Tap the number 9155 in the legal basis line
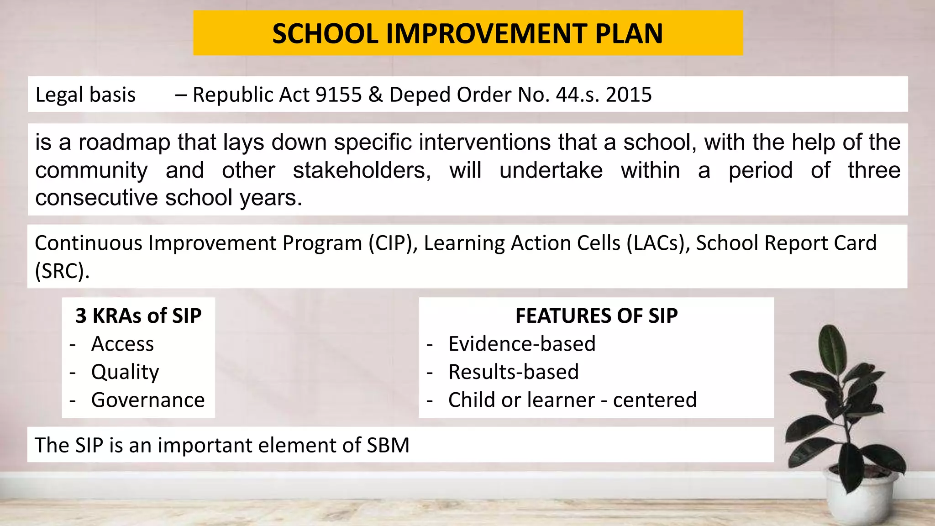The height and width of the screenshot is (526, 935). pos(338,95)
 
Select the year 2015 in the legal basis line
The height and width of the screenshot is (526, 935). pos(629,95)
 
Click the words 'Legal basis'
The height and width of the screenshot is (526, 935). pos(85,95)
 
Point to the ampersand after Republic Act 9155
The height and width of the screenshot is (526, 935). pos(375,95)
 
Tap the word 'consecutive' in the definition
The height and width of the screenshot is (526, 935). pos(96,198)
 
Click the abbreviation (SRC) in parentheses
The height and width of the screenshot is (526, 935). pos(62,271)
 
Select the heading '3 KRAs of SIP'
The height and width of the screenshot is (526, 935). pos(138,316)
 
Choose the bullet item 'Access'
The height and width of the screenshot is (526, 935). pos(122,344)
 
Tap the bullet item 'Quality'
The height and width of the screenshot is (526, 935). pos(125,372)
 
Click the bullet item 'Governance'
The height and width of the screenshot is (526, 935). pos(148,400)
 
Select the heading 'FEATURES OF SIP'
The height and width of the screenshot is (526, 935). pos(596,316)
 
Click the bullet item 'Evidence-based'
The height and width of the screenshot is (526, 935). pos(522,344)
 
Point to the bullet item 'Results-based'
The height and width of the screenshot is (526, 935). pos(514,372)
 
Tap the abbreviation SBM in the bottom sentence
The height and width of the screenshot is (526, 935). pos(388,445)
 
